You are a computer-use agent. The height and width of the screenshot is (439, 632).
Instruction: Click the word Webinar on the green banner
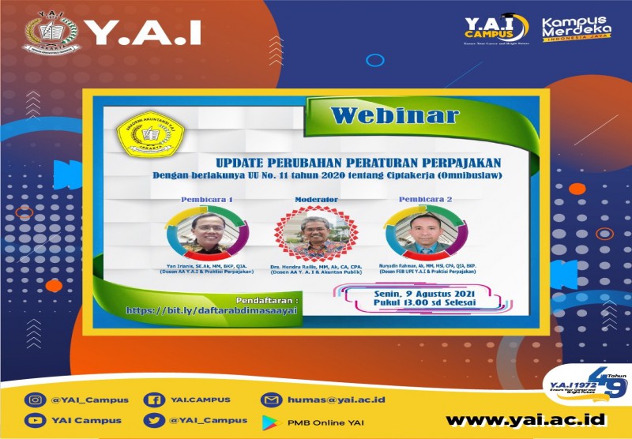tap(394, 115)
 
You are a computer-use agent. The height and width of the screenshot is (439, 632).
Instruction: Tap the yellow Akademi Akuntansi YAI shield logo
tap(143, 135)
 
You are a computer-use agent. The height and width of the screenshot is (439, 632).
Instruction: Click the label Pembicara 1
tap(207, 200)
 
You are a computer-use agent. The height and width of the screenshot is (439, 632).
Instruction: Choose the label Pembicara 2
tap(426, 200)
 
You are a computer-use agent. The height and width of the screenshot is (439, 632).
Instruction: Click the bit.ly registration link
tap(213, 311)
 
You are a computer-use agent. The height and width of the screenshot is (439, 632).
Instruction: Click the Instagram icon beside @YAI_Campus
tap(34, 399)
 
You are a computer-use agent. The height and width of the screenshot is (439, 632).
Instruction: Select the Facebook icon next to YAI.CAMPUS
tap(153, 399)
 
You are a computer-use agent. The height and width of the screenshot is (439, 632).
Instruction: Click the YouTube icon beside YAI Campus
tap(34, 420)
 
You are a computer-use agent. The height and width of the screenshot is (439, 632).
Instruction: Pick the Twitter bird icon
tap(153, 420)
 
